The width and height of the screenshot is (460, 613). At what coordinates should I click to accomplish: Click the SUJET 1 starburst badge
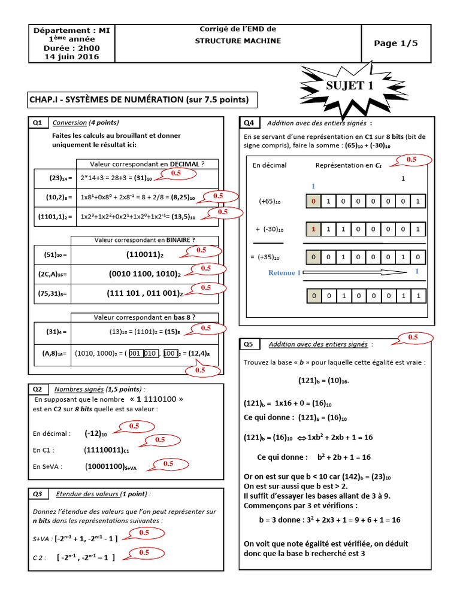[349, 86]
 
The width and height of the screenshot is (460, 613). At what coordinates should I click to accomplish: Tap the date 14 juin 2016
[72, 57]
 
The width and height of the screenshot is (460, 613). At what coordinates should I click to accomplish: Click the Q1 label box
[37, 123]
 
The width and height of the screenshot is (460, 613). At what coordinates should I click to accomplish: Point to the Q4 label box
[249, 123]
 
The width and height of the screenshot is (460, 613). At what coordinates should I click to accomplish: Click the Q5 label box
[249, 344]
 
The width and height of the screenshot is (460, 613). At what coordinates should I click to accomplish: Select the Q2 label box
[37, 389]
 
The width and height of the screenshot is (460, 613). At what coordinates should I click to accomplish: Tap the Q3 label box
[37, 494]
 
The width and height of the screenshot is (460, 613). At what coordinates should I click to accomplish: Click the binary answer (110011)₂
[144, 254]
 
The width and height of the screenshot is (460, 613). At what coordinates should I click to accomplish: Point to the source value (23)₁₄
[60, 178]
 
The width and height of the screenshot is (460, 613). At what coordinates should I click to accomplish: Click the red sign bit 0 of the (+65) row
[313, 202]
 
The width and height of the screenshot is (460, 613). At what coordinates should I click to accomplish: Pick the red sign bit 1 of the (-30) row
[313, 229]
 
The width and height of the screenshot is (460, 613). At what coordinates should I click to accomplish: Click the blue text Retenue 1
[285, 273]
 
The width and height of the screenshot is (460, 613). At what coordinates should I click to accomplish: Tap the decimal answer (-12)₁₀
[96, 433]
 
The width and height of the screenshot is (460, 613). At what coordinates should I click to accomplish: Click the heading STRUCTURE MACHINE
[238, 41]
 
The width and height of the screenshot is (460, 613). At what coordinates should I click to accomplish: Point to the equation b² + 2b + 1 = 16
[335, 457]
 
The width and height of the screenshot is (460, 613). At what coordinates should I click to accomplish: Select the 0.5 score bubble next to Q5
[413, 338]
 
